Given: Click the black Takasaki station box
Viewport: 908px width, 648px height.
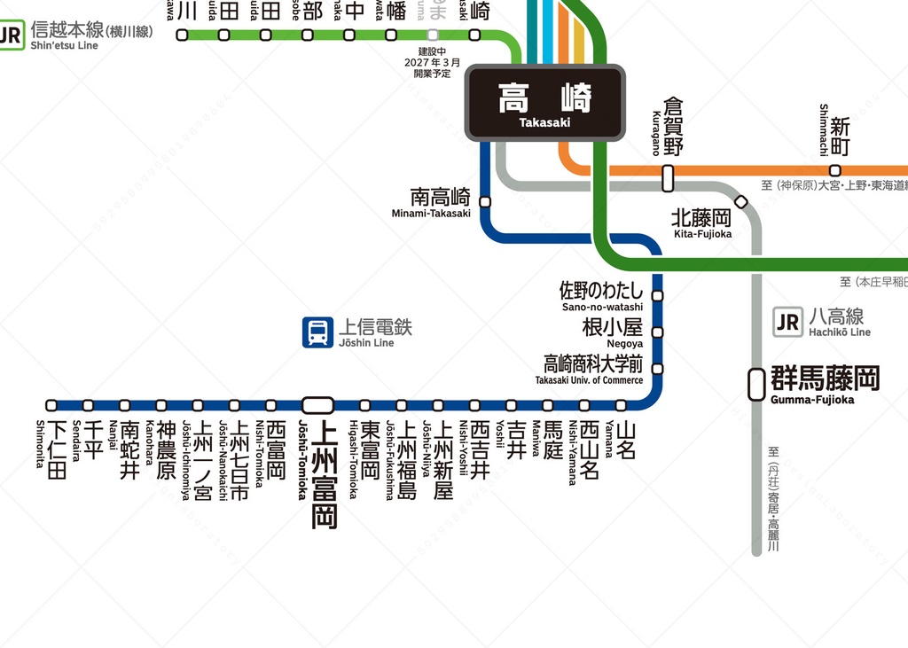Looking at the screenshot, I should (x=545, y=103).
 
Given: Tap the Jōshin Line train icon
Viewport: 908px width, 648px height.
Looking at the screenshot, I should (x=317, y=332).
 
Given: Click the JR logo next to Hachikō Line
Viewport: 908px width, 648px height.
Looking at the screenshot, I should (x=787, y=323).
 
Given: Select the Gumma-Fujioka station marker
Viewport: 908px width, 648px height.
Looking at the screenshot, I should (x=756, y=384).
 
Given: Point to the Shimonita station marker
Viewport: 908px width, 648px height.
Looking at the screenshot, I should (x=51, y=405).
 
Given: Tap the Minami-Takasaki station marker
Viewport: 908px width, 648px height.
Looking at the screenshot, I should (x=485, y=201).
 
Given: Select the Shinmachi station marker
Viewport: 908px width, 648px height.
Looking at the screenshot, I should (x=834, y=170).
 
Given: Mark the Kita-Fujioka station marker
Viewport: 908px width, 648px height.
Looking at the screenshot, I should (x=741, y=202).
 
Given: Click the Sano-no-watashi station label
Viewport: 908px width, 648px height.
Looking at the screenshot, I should (x=602, y=296).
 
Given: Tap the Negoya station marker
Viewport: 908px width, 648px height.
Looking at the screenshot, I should (x=657, y=332).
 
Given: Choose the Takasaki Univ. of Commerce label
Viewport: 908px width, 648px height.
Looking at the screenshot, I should (x=589, y=368).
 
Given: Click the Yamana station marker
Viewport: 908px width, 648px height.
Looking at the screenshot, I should (x=621, y=405).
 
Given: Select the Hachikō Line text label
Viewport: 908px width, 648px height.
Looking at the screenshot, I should (x=839, y=322).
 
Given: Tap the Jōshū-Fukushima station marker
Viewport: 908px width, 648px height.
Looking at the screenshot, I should (x=402, y=405).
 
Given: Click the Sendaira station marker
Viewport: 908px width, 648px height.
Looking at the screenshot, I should (x=88, y=405).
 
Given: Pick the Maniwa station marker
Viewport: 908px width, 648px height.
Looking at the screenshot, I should (x=548, y=405).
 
